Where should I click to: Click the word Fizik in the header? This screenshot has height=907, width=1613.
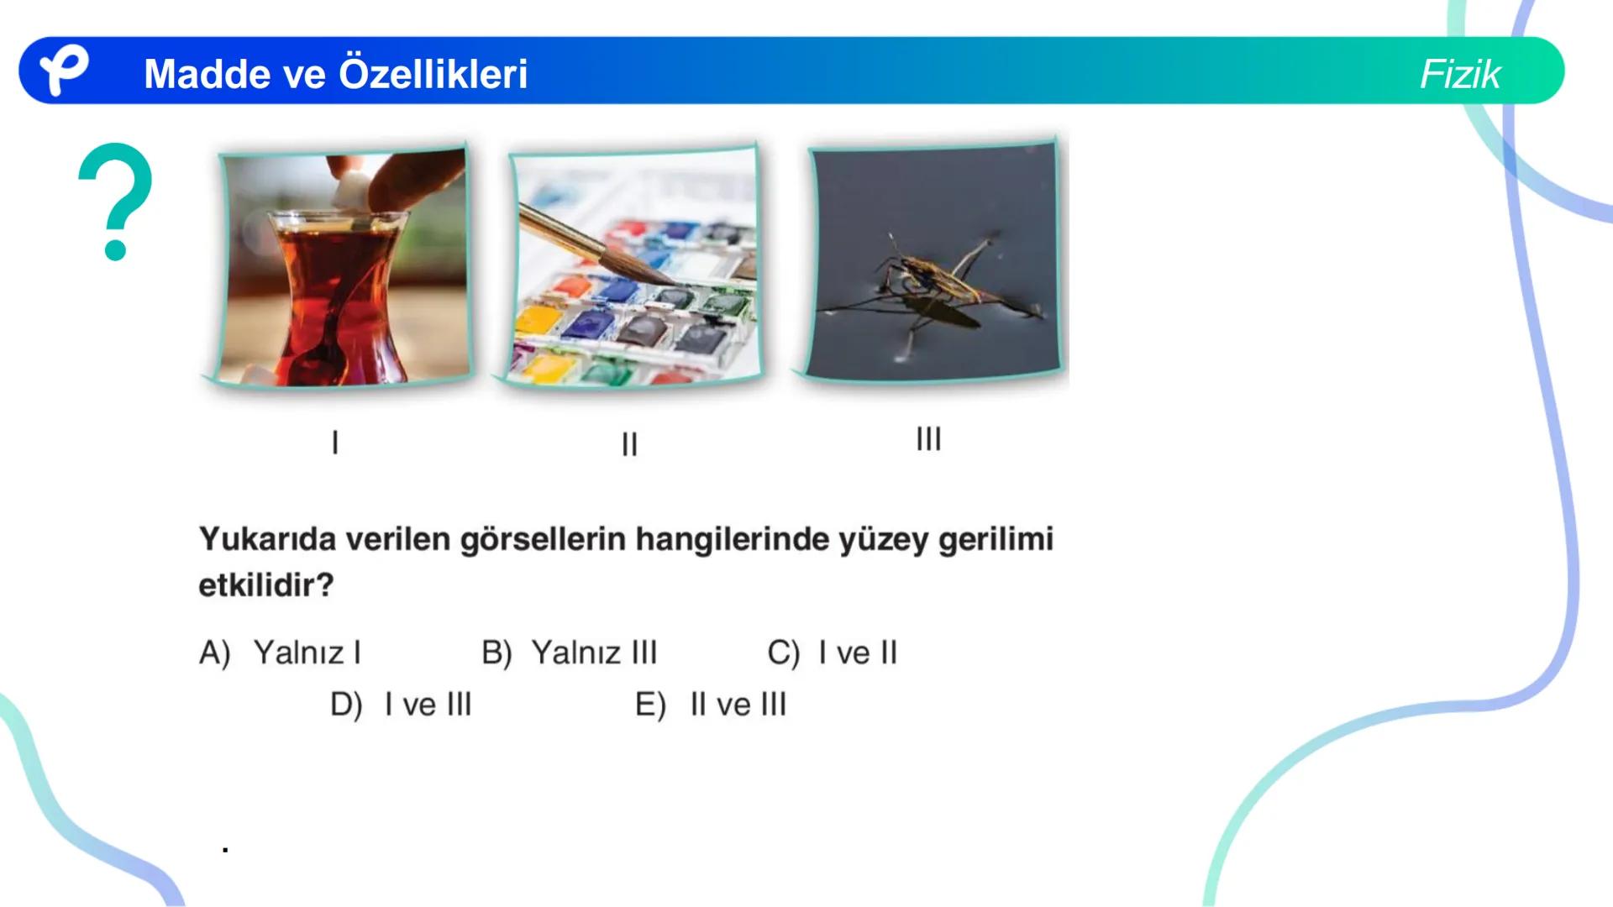tap(1459, 74)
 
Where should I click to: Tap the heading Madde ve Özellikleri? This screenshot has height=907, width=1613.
tap(335, 74)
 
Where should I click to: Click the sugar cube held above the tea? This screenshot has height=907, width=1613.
tap(346, 192)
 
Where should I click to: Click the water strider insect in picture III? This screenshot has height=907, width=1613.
tap(933, 281)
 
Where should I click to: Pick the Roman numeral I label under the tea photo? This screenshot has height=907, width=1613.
tap(335, 443)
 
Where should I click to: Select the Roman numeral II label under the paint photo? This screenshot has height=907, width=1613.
tap(629, 444)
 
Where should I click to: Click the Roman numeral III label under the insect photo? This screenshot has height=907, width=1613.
tap(928, 438)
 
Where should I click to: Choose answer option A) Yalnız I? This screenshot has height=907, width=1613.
tap(281, 653)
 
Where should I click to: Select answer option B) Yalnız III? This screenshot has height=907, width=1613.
tap(570, 653)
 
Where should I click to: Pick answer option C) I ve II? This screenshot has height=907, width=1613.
tap(833, 653)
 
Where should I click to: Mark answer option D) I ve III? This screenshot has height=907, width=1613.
tap(401, 705)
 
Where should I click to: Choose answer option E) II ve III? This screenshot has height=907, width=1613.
tap(711, 705)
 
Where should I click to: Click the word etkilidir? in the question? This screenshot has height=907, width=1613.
tap(266, 585)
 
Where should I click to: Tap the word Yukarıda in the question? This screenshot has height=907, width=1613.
tap(267, 539)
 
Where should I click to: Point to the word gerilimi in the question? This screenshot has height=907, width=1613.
tap(996, 539)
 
